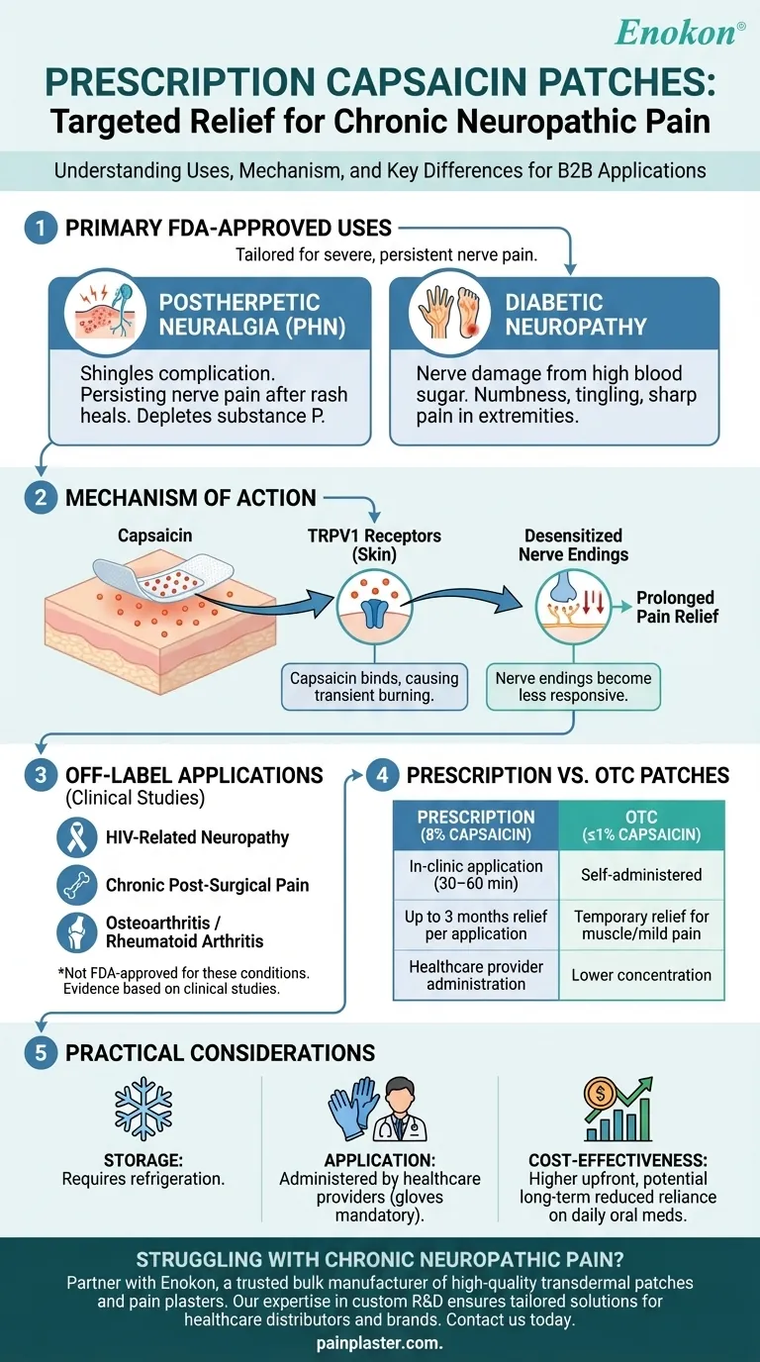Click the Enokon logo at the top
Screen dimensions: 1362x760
click(679, 32)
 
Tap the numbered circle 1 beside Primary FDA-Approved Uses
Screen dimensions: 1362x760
click(40, 228)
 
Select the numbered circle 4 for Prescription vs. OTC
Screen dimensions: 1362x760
click(383, 775)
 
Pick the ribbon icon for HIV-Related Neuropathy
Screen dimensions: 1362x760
click(76, 837)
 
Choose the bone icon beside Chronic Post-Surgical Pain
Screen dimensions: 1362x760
click(76, 884)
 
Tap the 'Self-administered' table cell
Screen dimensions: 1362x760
click(641, 875)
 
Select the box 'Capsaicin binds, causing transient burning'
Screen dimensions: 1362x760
click(373, 687)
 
